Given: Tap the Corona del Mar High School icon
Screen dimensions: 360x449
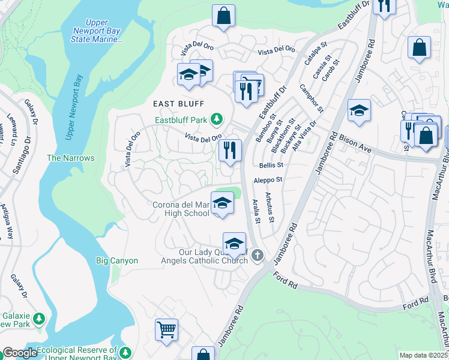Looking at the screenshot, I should [x=221, y=203].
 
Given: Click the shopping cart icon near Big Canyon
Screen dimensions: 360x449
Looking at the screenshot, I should [x=166, y=329].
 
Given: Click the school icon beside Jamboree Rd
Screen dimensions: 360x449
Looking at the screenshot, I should [x=359, y=110].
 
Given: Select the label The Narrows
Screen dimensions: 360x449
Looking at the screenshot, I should [x=71, y=158].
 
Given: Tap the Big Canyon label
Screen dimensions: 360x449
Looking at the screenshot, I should [x=117, y=260].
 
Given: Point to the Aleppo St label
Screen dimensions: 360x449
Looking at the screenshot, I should [x=268, y=179].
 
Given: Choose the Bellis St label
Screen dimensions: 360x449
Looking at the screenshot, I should [x=271, y=165].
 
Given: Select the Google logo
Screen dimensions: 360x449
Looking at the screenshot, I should [x=20, y=353].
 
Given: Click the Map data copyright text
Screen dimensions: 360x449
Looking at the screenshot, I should [x=423, y=355].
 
